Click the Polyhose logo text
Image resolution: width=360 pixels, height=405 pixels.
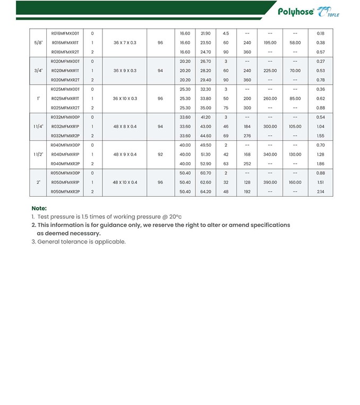[x=296, y=12]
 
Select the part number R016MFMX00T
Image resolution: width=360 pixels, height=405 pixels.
[x=65, y=33]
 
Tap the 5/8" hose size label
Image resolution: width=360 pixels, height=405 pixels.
[x=38, y=43]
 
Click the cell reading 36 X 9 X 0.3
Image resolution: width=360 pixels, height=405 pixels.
[x=125, y=71]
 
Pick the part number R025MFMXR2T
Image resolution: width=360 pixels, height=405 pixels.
[x=65, y=108]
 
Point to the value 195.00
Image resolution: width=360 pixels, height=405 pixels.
[x=270, y=43]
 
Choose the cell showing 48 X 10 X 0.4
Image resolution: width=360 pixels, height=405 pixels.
[x=125, y=182]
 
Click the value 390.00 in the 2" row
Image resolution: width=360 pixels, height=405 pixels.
[x=270, y=182]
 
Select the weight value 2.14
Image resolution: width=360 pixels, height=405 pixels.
[x=321, y=192]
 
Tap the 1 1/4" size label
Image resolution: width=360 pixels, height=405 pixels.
[x=38, y=126]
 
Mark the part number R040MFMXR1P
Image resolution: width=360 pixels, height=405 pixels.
[x=65, y=154]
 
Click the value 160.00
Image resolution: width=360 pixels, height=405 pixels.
[x=295, y=182]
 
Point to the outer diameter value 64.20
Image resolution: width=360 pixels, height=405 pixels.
[x=205, y=192]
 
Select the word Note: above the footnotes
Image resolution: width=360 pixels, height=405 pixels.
[x=39, y=208]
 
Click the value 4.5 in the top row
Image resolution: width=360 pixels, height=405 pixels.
[x=226, y=33]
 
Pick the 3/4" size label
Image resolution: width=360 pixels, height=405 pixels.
[x=38, y=71]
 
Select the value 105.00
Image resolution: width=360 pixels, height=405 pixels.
[x=295, y=126]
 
